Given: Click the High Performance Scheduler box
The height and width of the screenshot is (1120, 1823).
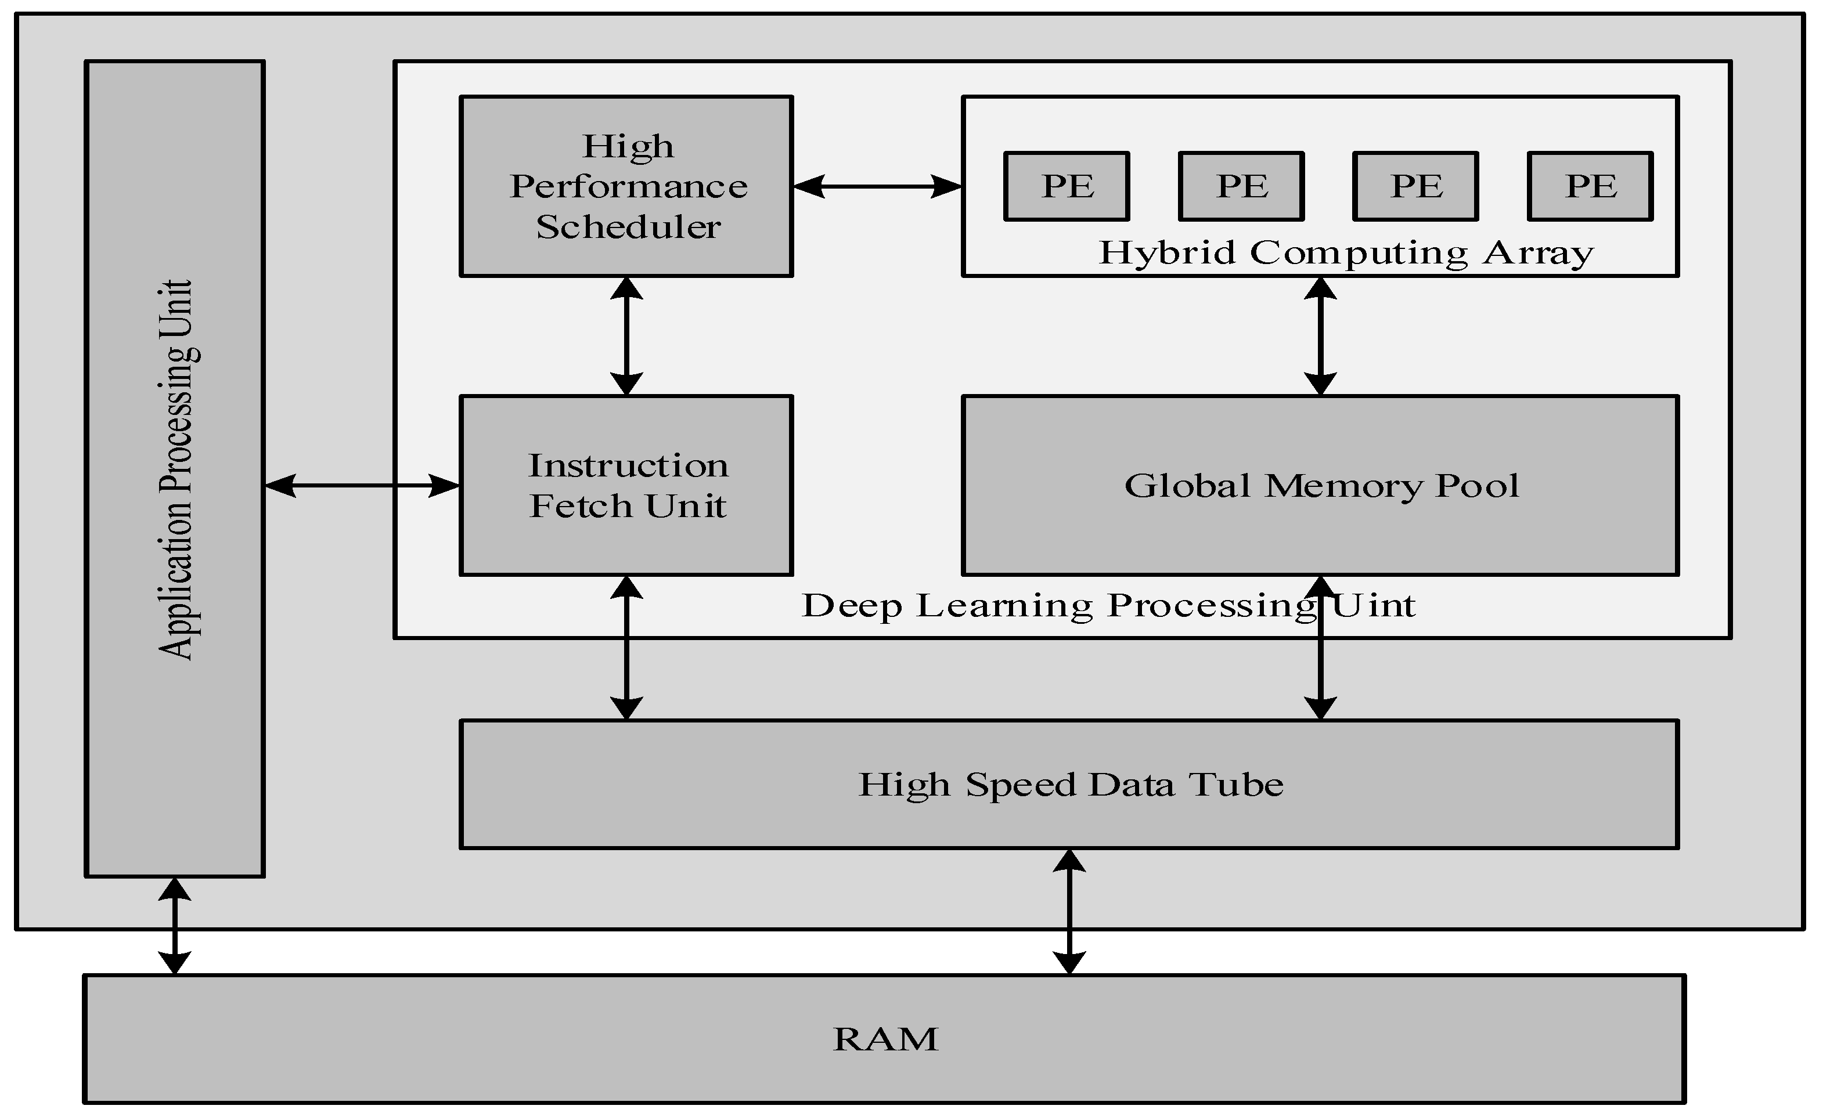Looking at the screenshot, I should coord(627,186).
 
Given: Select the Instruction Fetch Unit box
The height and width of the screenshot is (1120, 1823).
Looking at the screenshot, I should coord(627,486).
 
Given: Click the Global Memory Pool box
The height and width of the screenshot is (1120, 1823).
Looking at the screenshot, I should coord(1321,486).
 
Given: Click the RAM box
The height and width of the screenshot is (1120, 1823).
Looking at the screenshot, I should coord(885,1039).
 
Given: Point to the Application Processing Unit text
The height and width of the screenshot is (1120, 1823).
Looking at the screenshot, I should coord(176,469).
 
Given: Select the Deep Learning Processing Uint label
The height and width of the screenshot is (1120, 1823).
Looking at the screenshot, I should coord(1108,606).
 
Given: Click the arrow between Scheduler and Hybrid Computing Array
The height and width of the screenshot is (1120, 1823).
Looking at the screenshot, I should coord(877,187).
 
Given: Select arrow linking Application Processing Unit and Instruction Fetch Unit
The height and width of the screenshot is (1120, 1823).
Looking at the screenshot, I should coord(362,486).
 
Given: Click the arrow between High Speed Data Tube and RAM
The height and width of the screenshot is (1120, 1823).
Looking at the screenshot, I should coord(1069,912).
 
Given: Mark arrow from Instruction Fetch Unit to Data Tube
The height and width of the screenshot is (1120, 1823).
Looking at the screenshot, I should coord(627,648).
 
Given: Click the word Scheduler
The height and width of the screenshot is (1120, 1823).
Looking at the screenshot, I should coord(628,227).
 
